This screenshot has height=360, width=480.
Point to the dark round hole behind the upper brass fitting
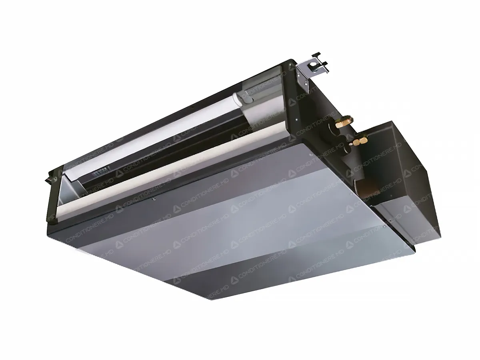(332, 130)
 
